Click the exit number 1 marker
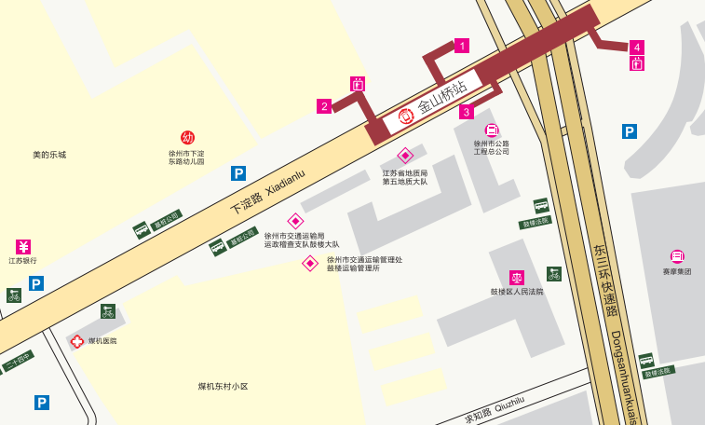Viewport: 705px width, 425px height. tap(462, 45)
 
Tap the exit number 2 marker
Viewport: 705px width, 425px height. tap(324, 106)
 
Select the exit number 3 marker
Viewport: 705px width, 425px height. tap(467, 112)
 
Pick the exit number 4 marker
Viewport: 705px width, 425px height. tap(637, 48)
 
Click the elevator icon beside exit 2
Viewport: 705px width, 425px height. tap(357, 84)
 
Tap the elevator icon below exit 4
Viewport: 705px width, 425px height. tap(637, 63)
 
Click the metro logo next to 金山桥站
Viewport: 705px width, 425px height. tap(406, 117)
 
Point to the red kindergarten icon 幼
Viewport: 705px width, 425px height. tap(187, 137)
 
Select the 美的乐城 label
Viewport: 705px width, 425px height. tap(49, 155)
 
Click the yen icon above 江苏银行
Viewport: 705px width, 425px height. tap(23, 247)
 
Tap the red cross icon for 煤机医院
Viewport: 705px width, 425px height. tap(77, 341)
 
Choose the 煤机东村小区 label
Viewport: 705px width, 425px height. tap(223, 386)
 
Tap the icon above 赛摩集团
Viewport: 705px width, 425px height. tap(677, 256)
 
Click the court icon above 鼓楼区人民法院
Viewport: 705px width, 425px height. tap(516, 277)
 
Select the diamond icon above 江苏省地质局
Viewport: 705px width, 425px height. tap(405, 156)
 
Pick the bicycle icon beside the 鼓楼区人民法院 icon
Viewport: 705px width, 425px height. tap(554, 273)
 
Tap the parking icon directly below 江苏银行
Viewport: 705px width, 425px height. tap(36, 283)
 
